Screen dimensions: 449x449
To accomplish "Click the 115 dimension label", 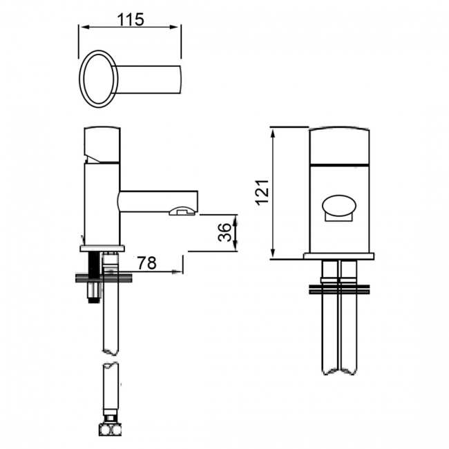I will coord(131,19).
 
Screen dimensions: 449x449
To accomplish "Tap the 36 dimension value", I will coord(224,233).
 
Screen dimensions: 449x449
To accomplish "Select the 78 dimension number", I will coord(146,263).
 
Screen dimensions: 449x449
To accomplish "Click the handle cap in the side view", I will coord(102,145).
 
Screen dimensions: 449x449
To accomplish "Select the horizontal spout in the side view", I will coord(155,202).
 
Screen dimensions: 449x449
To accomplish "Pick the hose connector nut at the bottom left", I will coord(109,430).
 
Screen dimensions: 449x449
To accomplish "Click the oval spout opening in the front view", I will coord(338,205).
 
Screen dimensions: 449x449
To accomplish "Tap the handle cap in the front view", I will coord(338,146).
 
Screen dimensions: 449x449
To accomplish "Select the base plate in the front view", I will coord(338,256).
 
